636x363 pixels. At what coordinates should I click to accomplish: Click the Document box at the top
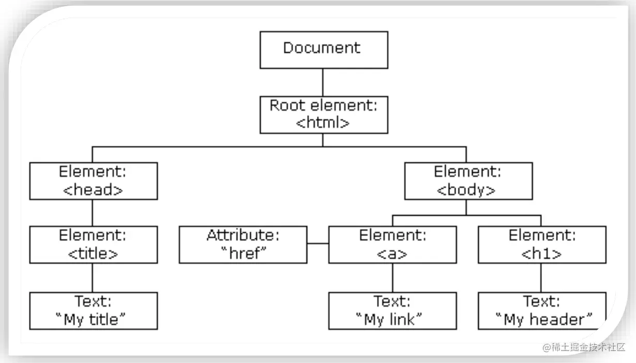324,50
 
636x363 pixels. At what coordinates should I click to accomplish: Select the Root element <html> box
324,114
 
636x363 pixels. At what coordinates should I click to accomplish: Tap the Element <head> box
93,181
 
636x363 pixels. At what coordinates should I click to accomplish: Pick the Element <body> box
468,181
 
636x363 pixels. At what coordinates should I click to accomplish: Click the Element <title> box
93,245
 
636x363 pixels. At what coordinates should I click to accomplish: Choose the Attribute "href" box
243,245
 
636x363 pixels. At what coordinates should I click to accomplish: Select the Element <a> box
392,245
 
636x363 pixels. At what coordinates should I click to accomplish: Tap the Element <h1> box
542,245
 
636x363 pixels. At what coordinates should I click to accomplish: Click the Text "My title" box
93,311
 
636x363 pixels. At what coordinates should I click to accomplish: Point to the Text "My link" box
392,311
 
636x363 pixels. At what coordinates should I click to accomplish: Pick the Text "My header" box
542,311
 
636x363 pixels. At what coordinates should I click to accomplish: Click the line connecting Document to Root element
323,82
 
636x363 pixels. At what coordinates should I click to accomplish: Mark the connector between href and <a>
317,244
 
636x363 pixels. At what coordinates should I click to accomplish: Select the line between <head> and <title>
93,213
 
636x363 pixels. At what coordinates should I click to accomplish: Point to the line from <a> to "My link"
392,278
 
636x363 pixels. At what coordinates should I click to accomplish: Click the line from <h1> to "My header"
541,278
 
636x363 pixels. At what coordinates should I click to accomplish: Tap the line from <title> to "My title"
93,278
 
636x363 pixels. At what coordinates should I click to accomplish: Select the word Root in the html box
287,105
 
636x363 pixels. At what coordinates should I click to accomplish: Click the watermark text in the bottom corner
584,347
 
